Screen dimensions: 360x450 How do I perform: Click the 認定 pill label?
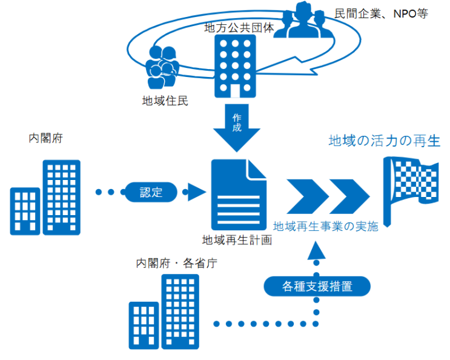[151, 192]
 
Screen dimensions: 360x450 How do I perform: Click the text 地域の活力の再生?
[384, 141]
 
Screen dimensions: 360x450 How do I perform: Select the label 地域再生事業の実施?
[325, 227]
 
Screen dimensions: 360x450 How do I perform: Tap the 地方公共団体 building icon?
[236, 65]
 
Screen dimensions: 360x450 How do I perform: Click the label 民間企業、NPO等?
[381, 13]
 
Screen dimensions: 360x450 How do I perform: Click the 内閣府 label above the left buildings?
[46, 138]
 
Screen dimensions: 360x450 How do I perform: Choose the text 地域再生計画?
[237, 240]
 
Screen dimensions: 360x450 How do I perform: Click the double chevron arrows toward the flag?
[328, 193]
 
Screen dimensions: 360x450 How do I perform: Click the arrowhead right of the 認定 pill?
[195, 192]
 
